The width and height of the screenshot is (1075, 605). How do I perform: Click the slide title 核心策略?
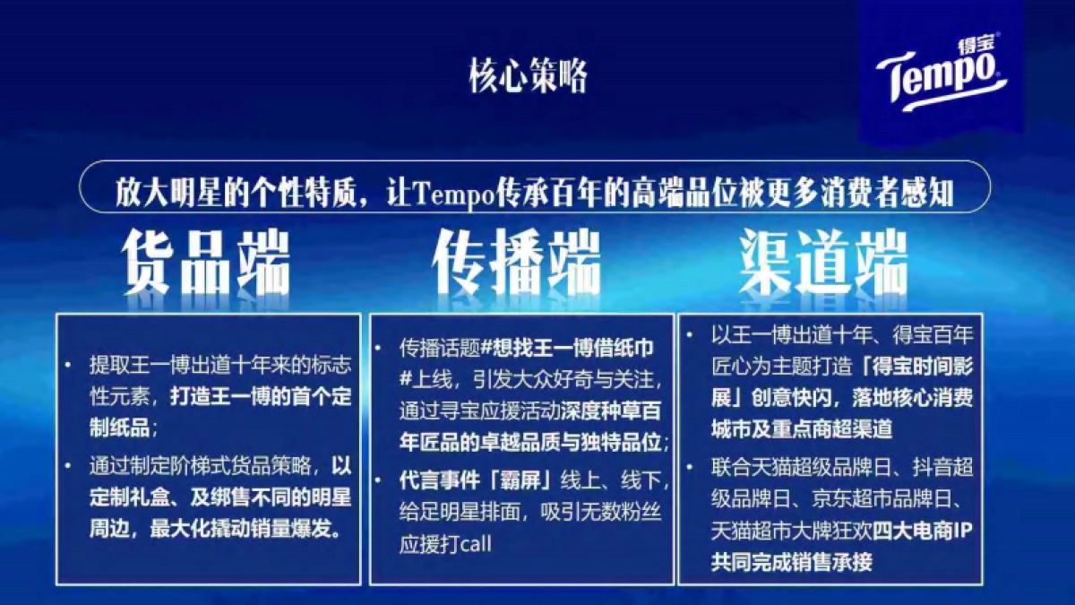click(529, 76)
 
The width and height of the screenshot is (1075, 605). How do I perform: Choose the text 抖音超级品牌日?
click(926, 468)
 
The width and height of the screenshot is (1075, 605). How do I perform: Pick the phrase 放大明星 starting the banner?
click(160, 193)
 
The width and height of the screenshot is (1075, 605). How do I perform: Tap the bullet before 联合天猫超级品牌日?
click(691, 469)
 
